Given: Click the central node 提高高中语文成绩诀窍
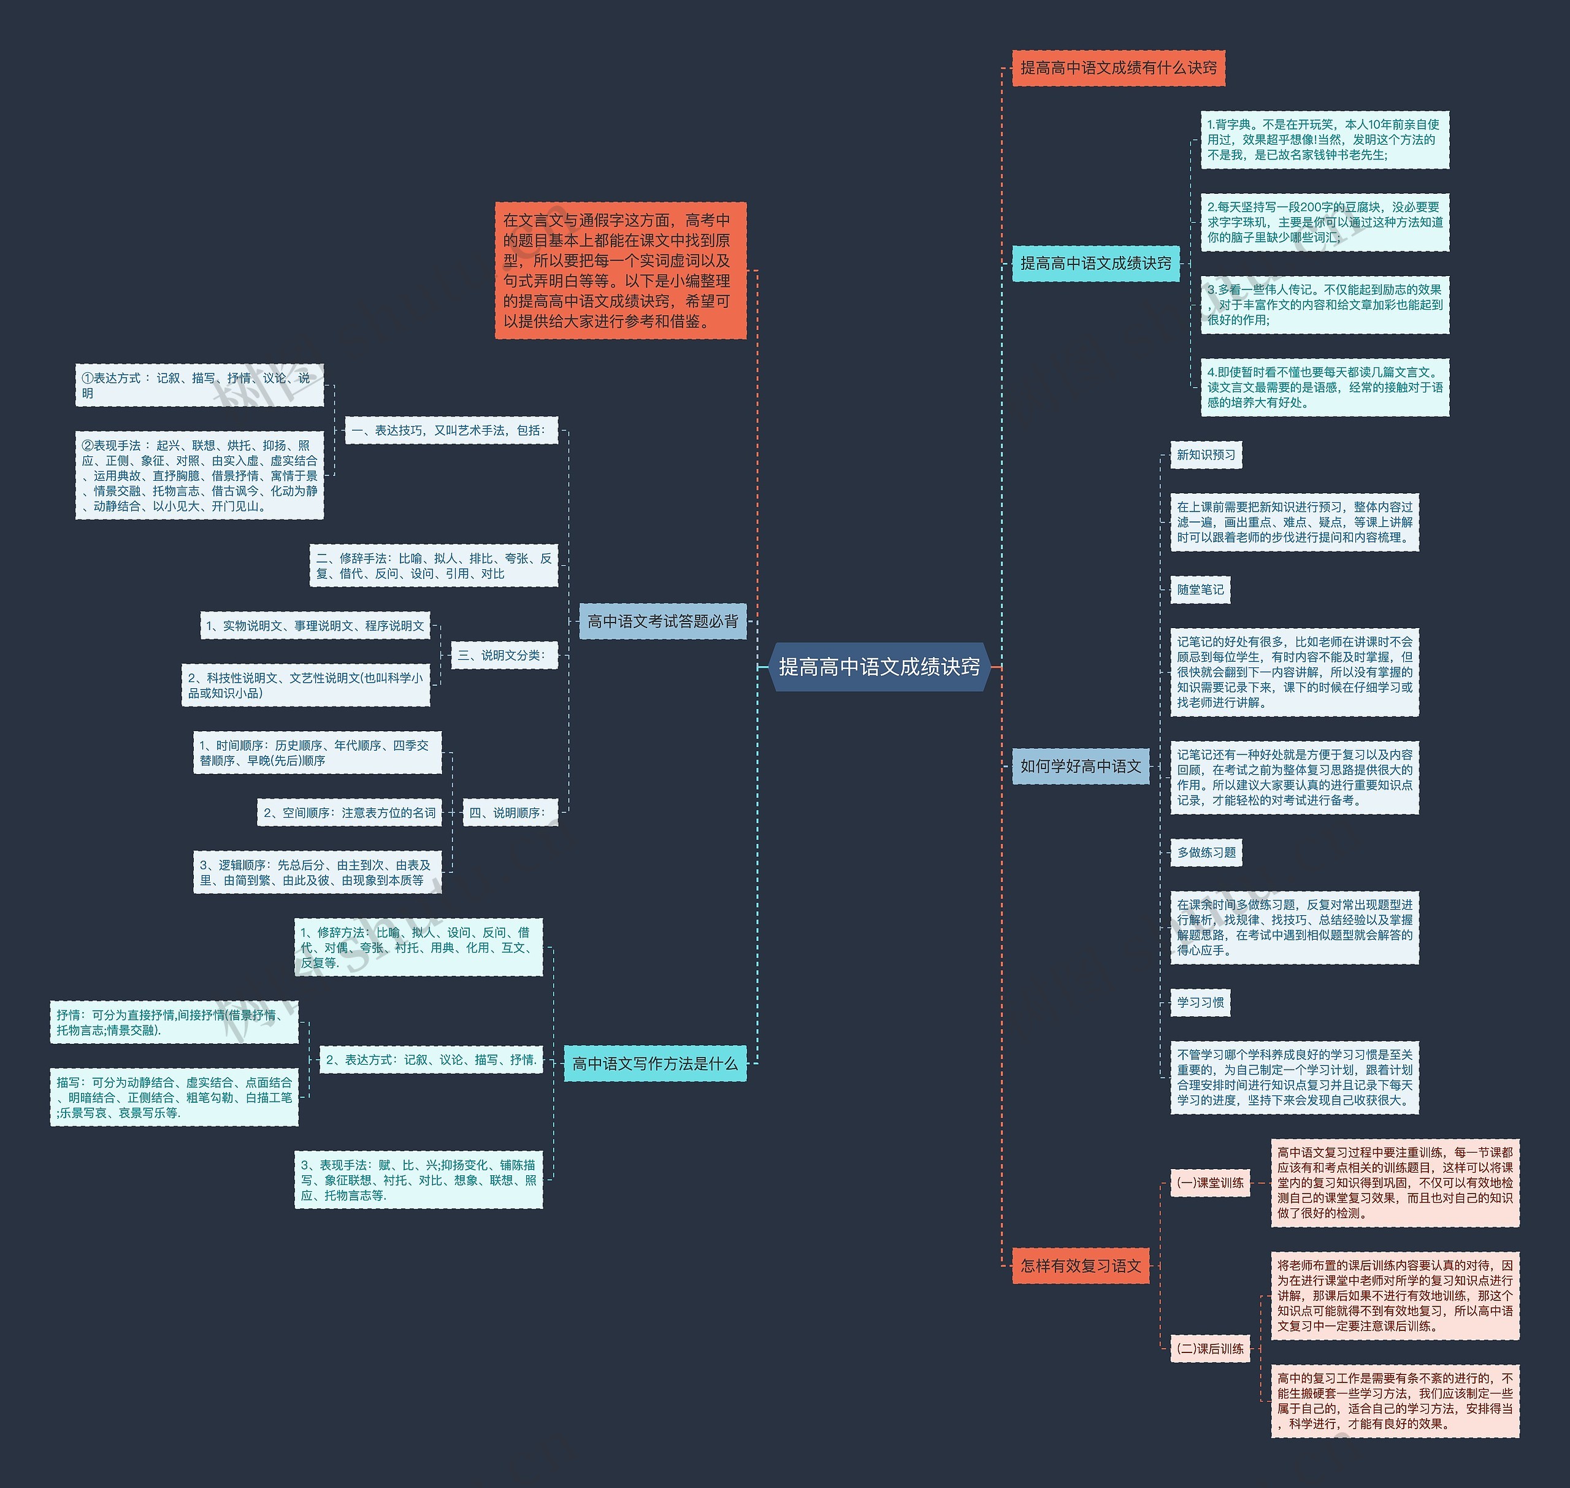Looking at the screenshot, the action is pos(879,667).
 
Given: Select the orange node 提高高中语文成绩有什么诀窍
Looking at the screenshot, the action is pos(1118,68).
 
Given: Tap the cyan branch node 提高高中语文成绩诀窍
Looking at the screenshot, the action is pos(1095,263).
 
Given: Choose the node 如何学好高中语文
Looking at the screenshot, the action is pos(1080,766).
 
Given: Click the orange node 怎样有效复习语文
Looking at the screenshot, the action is pos(1080,1266).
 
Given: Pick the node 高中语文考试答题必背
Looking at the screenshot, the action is pos(662,622).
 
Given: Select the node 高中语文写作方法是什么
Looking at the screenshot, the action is pos(654,1064).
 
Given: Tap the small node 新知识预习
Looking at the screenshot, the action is pos(1205,455).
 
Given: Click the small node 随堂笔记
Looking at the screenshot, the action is pos(1200,590).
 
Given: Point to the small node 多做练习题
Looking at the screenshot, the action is pos(1205,853).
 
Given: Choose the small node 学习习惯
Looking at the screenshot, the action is pos(1200,1003).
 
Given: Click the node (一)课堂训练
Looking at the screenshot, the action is pos(1210,1183).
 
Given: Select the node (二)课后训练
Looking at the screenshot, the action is pos(1210,1348).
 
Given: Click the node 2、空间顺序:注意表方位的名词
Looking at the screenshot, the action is pos(349,813).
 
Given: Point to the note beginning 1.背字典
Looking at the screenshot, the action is pos(1324,140).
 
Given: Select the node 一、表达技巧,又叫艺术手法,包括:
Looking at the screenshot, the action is pos(451,431).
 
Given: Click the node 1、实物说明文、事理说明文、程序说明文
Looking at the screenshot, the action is pos(315,626).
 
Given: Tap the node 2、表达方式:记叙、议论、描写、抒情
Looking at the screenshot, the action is pos(431,1060).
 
